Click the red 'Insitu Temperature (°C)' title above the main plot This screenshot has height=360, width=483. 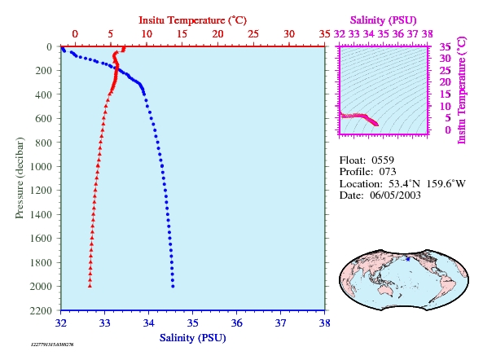(193, 20)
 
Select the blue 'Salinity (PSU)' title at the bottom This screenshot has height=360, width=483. (193, 338)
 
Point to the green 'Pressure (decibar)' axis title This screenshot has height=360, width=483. (20, 178)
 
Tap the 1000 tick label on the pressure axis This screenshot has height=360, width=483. (41, 166)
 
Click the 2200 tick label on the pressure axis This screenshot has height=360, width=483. (41, 310)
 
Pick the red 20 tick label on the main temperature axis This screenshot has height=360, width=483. (217, 34)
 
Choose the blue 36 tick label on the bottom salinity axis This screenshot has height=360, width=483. (236, 323)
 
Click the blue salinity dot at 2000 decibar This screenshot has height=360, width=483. (173, 286)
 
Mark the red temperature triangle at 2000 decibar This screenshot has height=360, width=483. (90, 286)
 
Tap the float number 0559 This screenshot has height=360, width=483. (383, 160)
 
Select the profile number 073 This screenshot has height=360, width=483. (388, 172)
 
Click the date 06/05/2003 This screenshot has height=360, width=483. (395, 195)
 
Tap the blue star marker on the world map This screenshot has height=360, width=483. (408, 259)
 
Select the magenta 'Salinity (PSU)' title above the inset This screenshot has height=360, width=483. (383, 20)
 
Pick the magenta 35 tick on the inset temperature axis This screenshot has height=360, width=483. (445, 46)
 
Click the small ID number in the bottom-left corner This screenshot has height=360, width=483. (52, 345)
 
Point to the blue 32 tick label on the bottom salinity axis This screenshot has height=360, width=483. (61, 323)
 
